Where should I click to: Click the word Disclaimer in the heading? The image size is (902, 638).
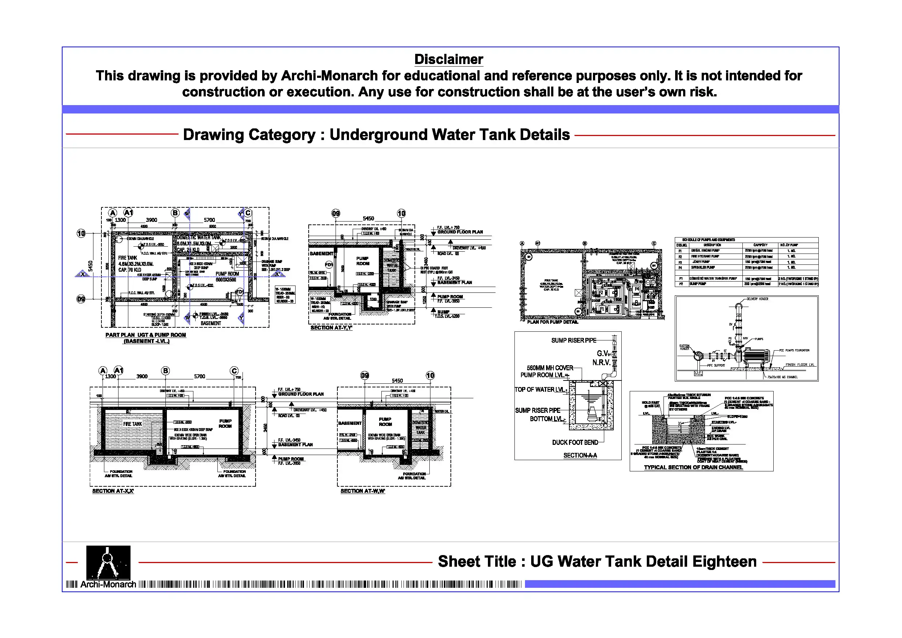[x=449, y=59]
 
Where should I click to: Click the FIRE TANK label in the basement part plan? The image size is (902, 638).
[x=128, y=258]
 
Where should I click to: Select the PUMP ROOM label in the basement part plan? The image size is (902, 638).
[x=227, y=274]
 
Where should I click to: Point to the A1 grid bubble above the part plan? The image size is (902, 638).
[x=128, y=213]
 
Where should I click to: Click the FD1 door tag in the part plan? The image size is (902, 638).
[x=239, y=292]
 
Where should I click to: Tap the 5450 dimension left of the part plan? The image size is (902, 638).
[x=91, y=266]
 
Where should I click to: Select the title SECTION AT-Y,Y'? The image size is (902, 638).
[x=331, y=328]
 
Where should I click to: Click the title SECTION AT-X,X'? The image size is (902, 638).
[x=113, y=491]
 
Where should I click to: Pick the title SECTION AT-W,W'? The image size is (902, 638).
[x=362, y=491]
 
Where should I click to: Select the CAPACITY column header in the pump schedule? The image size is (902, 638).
[x=760, y=245]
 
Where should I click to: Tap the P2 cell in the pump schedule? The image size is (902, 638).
[x=681, y=284]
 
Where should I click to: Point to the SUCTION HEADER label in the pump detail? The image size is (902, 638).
[x=684, y=347]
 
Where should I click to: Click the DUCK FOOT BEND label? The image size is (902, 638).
[x=575, y=443]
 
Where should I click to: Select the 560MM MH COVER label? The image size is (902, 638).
[x=550, y=368]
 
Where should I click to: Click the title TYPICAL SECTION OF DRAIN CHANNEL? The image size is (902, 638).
[x=693, y=467]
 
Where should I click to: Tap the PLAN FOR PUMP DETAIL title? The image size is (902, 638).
[x=552, y=322]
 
